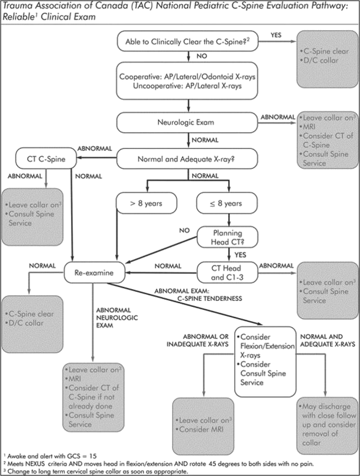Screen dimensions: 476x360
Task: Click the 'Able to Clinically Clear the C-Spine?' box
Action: tap(188, 42)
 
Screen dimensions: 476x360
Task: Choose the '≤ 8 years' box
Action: tap(228, 205)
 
